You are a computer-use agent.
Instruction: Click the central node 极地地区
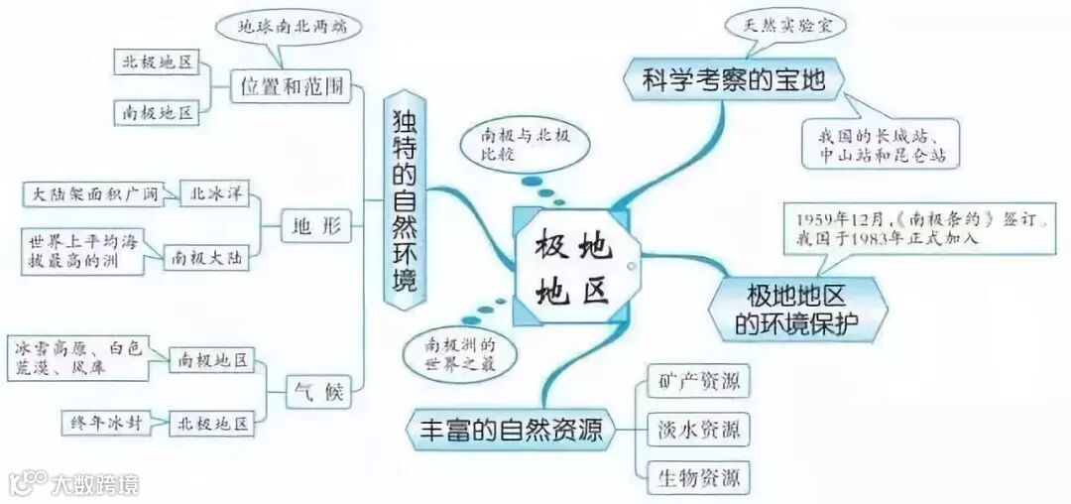(573, 265)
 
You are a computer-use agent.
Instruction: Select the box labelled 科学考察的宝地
(733, 79)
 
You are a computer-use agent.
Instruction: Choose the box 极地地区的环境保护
(797, 308)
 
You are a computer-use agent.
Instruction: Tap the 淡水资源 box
(698, 431)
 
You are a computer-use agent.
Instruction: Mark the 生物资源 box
(698, 479)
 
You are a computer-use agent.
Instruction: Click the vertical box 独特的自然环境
(404, 199)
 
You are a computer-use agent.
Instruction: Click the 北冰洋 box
(213, 193)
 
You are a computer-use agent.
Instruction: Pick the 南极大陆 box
(206, 256)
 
